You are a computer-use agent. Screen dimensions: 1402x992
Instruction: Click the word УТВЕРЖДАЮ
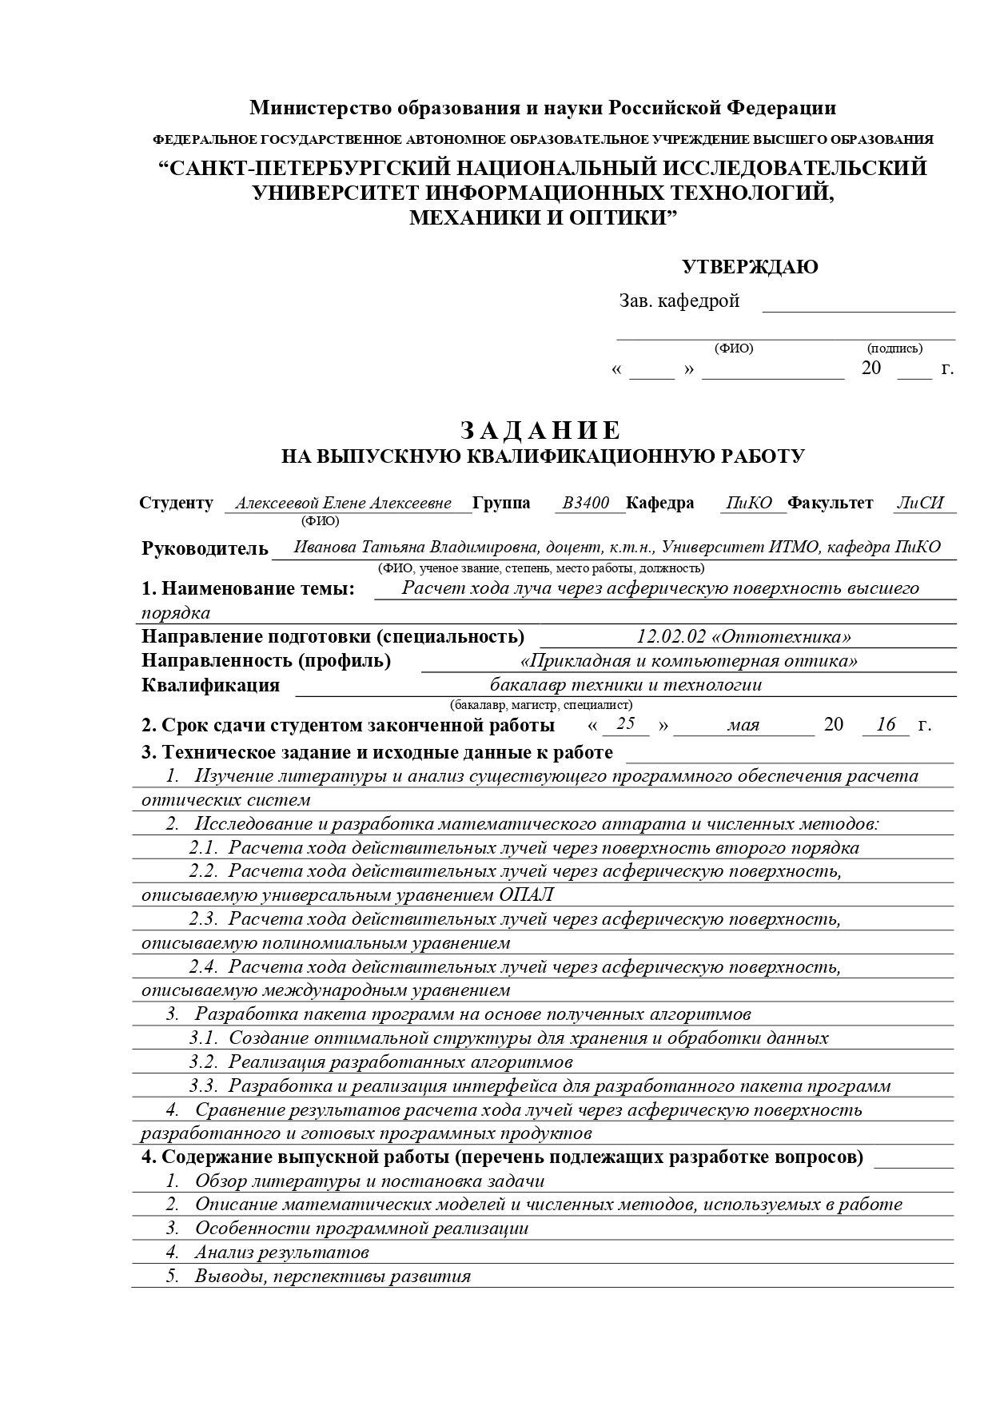(749, 267)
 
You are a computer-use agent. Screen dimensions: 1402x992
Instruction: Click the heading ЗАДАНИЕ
(540, 431)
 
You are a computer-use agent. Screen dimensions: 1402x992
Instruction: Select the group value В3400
(585, 503)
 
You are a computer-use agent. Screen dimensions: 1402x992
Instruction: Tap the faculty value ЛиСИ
(920, 503)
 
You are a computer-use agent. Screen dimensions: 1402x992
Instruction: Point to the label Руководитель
(205, 548)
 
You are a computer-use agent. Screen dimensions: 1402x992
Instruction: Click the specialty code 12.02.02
(671, 636)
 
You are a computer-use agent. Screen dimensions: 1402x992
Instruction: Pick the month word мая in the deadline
(743, 726)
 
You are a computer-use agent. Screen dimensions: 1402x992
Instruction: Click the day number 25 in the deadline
(626, 724)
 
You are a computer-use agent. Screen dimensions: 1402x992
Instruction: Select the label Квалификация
(210, 685)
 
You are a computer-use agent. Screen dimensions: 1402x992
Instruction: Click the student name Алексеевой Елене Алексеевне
(343, 503)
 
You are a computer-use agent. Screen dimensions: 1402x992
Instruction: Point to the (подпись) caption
(894, 349)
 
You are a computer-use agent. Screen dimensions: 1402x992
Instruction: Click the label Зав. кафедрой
(679, 301)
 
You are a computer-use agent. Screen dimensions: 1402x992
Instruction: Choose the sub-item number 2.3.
(203, 918)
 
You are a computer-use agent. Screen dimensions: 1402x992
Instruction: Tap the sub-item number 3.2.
(203, 1061)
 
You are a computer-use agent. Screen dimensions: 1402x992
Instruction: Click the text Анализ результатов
(281, 1253)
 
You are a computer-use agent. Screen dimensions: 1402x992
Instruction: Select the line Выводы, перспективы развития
(333, 1277)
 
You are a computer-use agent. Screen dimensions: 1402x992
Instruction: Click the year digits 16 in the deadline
(886, 725)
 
